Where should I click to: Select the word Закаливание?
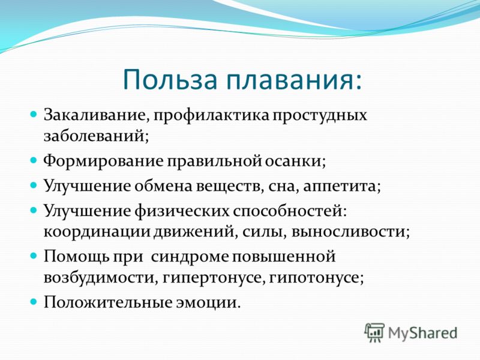click(96, 116)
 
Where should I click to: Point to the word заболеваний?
click(96, 136)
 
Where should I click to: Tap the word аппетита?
click(341, 187)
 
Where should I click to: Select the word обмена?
click(163, 185)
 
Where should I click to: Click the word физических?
click(182, 211)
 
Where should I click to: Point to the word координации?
click(97, 232)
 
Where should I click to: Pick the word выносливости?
click(350, 232)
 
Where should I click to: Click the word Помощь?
click(76, 257)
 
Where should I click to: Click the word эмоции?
click(208, 303)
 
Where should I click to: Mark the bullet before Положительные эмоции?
click(33, 302)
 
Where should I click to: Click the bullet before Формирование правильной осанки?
click(33, 160)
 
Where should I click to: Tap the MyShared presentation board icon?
click(374, 332)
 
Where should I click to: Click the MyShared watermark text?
click(422, 333)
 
